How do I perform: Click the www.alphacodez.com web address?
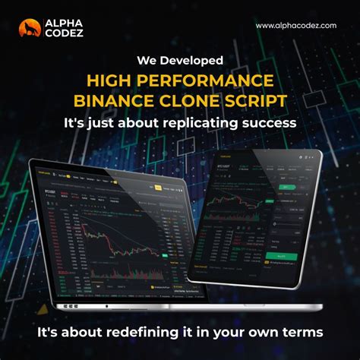pos(296,26)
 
